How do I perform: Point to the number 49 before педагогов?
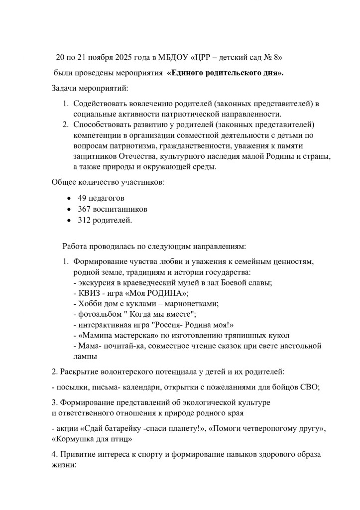point(82,198)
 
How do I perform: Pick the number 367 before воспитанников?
point(84,209)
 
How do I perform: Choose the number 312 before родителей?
point(84,220)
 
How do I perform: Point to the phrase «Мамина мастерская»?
point(111,335)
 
